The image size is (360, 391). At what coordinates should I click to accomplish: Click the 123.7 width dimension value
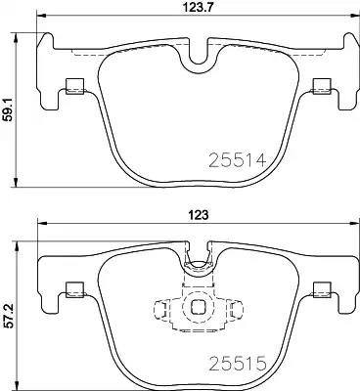(198, 7)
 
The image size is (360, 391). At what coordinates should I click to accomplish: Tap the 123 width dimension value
(198, 215)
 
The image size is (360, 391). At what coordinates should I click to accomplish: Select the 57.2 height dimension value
(9, 316)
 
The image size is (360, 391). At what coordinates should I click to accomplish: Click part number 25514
(238, 160)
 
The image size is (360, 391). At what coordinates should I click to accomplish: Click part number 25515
(238, 364)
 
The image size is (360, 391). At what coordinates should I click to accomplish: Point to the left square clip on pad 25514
(75, 87)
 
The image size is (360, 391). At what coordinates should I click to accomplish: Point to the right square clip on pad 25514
(322, 87)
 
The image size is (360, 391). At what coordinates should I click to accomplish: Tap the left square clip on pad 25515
(75, 290)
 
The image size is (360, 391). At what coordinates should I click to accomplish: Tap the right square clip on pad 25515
(322, 290)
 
